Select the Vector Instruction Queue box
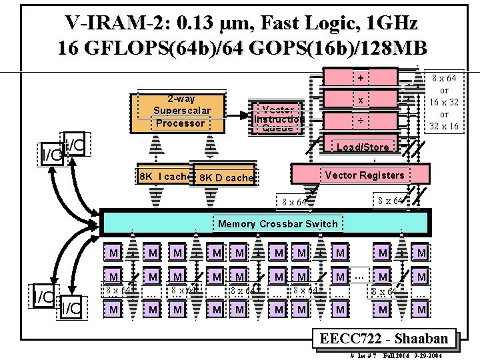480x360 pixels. [278, 119]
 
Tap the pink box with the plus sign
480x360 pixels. [360, 78]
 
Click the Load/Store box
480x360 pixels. [363, 147]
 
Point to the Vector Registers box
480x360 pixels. [363, 175]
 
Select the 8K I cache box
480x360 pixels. [163, 177]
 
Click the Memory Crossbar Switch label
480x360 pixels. [278, 223]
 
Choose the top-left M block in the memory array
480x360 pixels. [114, 253]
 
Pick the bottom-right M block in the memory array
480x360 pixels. [421, 309]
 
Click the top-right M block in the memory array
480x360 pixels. [421, 253]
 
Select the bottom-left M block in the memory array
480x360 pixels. [114, 309]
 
